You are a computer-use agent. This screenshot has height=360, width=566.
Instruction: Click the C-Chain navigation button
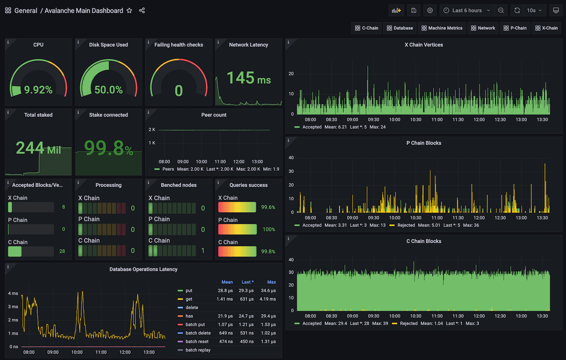click(366, 28)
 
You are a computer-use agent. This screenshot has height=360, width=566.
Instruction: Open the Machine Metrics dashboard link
click(442, 28)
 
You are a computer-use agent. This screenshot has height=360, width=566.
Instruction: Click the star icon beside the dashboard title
click(129, 11)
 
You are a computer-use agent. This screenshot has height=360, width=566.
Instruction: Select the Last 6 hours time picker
click(467, 11)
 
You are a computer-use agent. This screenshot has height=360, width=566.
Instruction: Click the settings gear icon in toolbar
click(430, 11)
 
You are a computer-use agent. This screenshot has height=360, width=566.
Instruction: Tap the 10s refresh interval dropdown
click(534, 11)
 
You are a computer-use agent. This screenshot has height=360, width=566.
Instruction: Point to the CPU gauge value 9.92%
click(38, 90)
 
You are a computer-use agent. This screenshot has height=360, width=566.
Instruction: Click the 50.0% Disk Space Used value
click(108, 90)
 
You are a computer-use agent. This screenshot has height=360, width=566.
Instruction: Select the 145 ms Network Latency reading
click(249, 78)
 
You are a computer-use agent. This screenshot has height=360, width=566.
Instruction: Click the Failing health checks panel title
click(178, 45)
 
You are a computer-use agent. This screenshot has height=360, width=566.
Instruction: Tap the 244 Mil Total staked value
click(38, 148)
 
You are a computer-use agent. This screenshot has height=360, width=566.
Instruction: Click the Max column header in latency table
click(272, 282)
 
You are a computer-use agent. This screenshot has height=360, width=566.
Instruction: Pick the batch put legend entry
click(195, 325)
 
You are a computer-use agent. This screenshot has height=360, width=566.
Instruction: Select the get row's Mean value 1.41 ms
click(225, 299)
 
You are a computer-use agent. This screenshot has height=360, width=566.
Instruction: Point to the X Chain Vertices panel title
click(423, 45)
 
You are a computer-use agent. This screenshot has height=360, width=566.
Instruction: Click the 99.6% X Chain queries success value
click(268, 208)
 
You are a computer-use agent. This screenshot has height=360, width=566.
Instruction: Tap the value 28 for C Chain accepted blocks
click(62, 251)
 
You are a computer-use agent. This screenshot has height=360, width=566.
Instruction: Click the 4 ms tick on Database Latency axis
click(13, 294)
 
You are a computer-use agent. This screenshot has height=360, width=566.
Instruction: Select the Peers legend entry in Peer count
click(168, 169)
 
